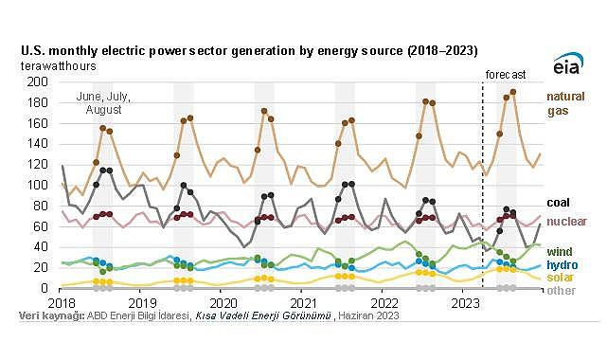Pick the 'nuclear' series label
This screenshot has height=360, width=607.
click(564, 220)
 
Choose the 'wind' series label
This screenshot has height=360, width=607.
click(558, 250)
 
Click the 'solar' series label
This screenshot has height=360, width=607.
click(559, 277)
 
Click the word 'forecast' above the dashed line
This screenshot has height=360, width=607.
click(505, 74)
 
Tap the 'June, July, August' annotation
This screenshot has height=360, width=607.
click(104, 104)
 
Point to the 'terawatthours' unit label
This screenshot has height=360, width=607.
click(55, 66)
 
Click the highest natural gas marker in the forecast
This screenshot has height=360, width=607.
click(512, 92)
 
